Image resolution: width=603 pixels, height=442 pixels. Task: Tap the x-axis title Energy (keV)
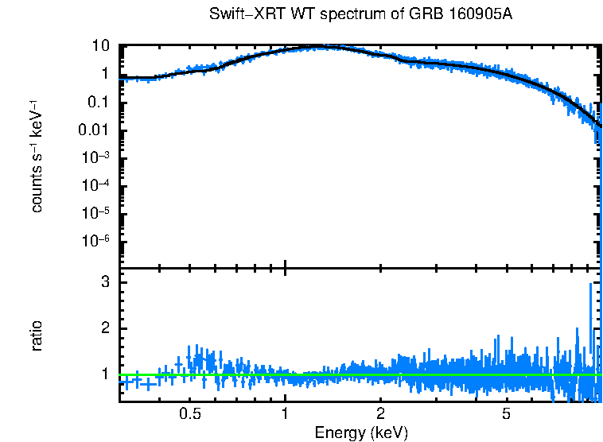[x=361, y=432]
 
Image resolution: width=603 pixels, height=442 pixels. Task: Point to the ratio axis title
[x=37, y=335]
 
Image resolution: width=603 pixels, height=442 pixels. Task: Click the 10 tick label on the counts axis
[x=100, y=46]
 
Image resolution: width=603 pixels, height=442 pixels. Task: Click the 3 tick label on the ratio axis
[x=104, y=282]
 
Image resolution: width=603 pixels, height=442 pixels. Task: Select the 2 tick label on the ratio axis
[x=104, y=328]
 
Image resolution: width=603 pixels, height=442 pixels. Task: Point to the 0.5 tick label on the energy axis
[x=189, y=414]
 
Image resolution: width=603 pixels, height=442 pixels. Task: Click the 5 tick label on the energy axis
[x=506, y=414]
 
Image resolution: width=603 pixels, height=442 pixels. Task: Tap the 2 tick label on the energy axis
[x=381, y=414]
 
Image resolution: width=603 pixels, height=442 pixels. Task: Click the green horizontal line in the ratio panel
[x=358, y=374]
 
